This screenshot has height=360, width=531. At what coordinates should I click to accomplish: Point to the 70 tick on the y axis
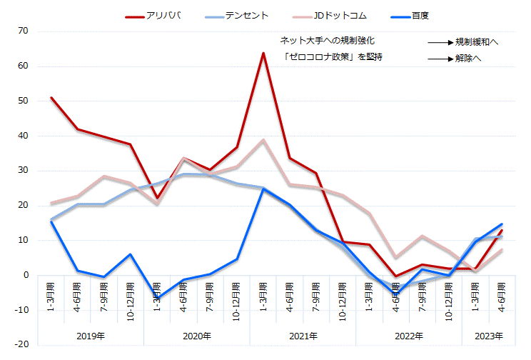(x=23, y=31)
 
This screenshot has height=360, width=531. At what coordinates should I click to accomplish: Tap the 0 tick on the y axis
(x=26, y=275)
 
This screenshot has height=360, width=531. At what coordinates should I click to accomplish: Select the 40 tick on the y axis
(x=23, y=136)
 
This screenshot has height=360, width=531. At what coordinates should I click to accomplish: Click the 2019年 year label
(x=91, y=336)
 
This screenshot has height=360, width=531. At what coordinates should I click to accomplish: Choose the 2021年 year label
(x=303, y=336)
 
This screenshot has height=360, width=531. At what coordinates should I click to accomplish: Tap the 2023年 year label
(x=488, y=336)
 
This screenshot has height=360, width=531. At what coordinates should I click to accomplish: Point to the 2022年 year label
(x=408, y=336)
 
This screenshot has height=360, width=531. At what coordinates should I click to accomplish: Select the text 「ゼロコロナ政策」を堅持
(x=332, y=57)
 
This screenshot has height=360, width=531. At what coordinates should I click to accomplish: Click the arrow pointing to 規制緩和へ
(x=440, y=43)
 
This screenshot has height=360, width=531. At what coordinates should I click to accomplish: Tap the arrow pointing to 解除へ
(x=440, y=59)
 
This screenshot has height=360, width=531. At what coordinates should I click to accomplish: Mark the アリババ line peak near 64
(x=263, y=53)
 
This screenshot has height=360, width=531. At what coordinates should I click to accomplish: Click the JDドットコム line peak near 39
(x=263, y=140)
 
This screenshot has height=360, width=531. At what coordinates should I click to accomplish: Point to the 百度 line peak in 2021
(x=263, y=189)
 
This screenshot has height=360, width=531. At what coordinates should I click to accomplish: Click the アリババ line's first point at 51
(x=51, y=98)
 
